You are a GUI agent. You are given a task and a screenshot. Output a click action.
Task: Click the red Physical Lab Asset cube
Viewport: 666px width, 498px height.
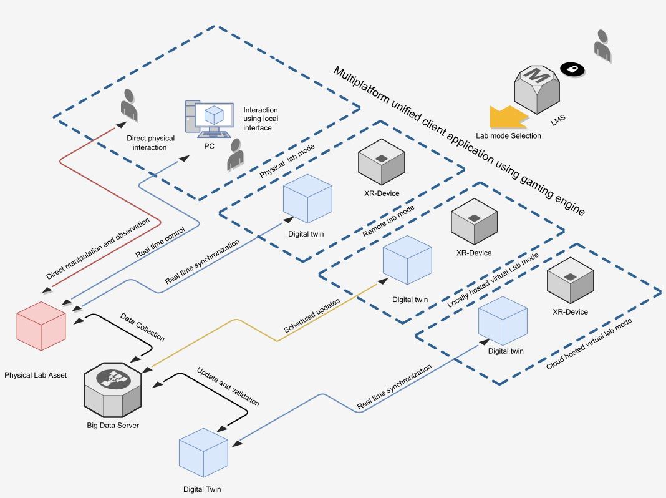click(x=41, y=326)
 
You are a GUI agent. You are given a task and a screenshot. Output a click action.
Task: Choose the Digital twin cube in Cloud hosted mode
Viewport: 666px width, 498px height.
click(x=503, y=321)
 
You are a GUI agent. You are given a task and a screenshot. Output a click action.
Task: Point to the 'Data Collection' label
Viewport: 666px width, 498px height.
click(x=142, y=327)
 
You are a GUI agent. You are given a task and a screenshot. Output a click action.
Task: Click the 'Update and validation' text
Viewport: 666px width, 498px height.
click(x=228, y=387)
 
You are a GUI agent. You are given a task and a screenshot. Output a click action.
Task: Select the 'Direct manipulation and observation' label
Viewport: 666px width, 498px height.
click(x=98, y=249)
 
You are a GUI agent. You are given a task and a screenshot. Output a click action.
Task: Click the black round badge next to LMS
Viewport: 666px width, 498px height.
click(x=571, y=69)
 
